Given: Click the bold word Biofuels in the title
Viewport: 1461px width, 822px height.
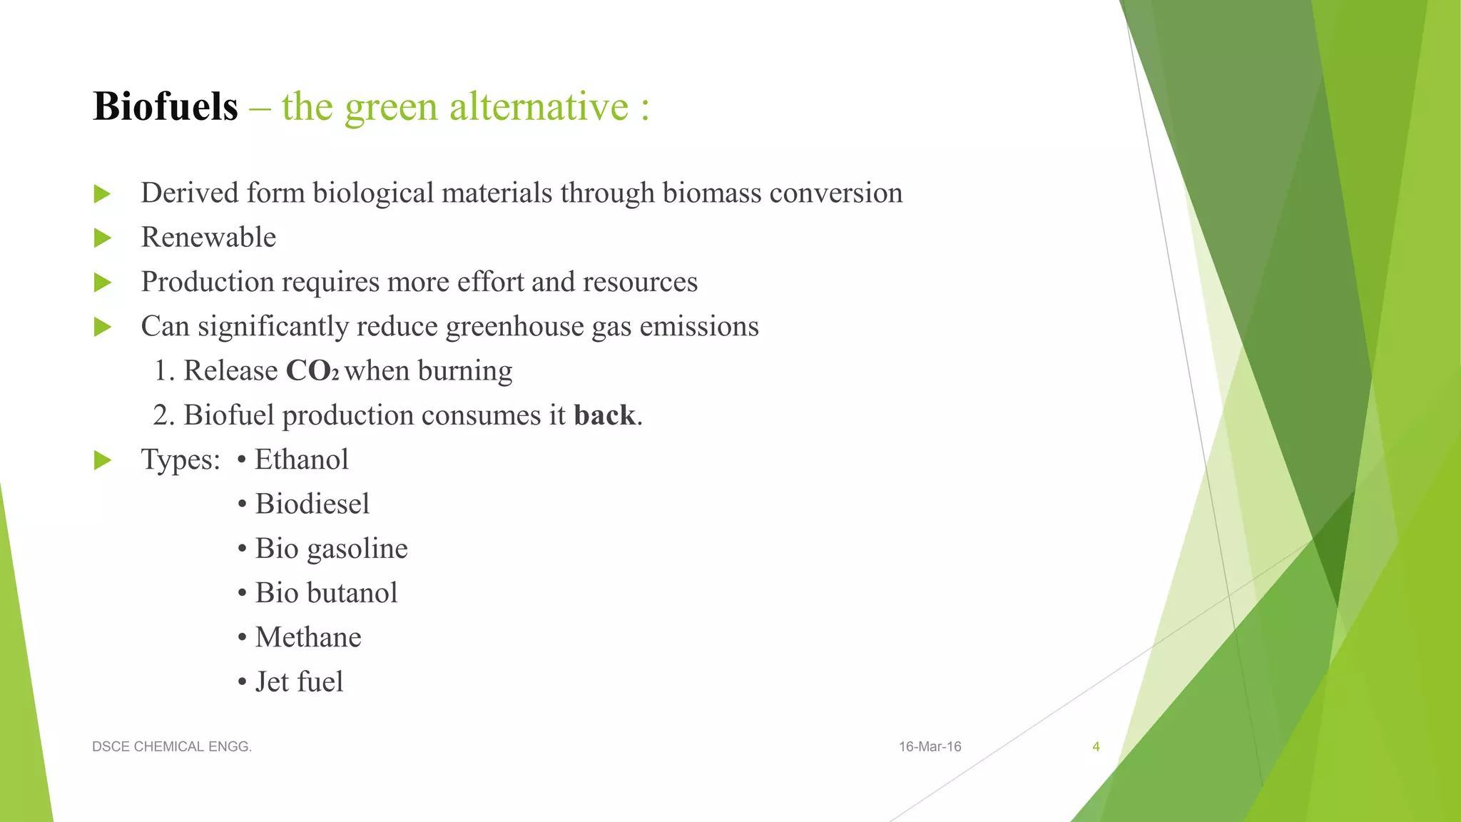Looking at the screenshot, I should (166, 107).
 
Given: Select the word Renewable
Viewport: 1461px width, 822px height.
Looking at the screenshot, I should (208, 238).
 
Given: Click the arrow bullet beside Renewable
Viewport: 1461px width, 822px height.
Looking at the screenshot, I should (103, 238).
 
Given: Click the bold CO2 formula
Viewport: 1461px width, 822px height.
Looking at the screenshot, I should (312, 371).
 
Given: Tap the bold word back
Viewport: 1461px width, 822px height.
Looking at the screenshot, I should (604, 415).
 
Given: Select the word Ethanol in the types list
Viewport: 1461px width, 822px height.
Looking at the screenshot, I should (302, 460).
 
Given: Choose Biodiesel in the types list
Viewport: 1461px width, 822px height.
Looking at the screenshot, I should (312, 504).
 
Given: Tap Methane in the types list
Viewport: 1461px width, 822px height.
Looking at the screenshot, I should (308, 637).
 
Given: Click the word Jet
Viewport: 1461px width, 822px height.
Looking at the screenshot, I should (272, 682).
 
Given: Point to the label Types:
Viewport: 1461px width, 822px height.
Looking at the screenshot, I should (180, 460).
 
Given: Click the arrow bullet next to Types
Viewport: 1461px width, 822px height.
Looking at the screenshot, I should (103, 461).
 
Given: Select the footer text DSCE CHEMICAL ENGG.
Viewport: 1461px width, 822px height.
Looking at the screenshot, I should (172, 747).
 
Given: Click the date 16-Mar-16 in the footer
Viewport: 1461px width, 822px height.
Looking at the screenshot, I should (930, 747).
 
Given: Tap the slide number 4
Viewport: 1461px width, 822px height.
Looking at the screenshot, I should (1096, 747).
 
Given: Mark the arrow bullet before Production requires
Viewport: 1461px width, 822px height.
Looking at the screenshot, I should (103, 283).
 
